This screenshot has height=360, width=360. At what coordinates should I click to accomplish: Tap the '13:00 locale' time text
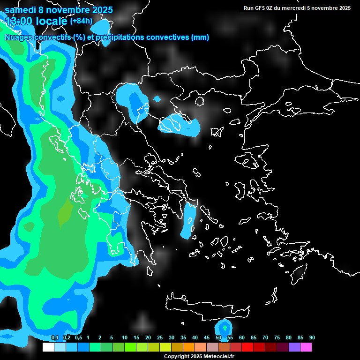pos(36,21)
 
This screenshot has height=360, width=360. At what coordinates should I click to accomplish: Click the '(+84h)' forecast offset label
pos(81,21)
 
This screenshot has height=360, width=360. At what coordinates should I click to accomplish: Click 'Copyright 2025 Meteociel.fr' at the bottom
pos(199,356)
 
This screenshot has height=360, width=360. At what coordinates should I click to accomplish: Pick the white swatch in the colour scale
pos(48,347)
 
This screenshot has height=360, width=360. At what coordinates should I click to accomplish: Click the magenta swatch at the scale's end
pos(306,347)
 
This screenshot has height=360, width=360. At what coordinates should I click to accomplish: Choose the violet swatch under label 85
pos(294,347)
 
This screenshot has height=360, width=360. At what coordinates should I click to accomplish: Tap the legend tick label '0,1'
pos(55,338)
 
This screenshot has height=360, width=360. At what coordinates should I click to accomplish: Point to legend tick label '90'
pos(312,338)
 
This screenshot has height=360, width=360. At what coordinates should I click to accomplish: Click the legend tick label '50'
pos(218,338)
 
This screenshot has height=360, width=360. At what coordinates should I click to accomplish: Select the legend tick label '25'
pos(160,338)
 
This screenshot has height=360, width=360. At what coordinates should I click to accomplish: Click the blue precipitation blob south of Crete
pos(224,328)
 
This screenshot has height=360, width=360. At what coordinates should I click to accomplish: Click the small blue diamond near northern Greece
pos(157,99)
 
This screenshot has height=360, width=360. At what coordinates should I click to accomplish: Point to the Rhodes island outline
pos(299,274)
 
